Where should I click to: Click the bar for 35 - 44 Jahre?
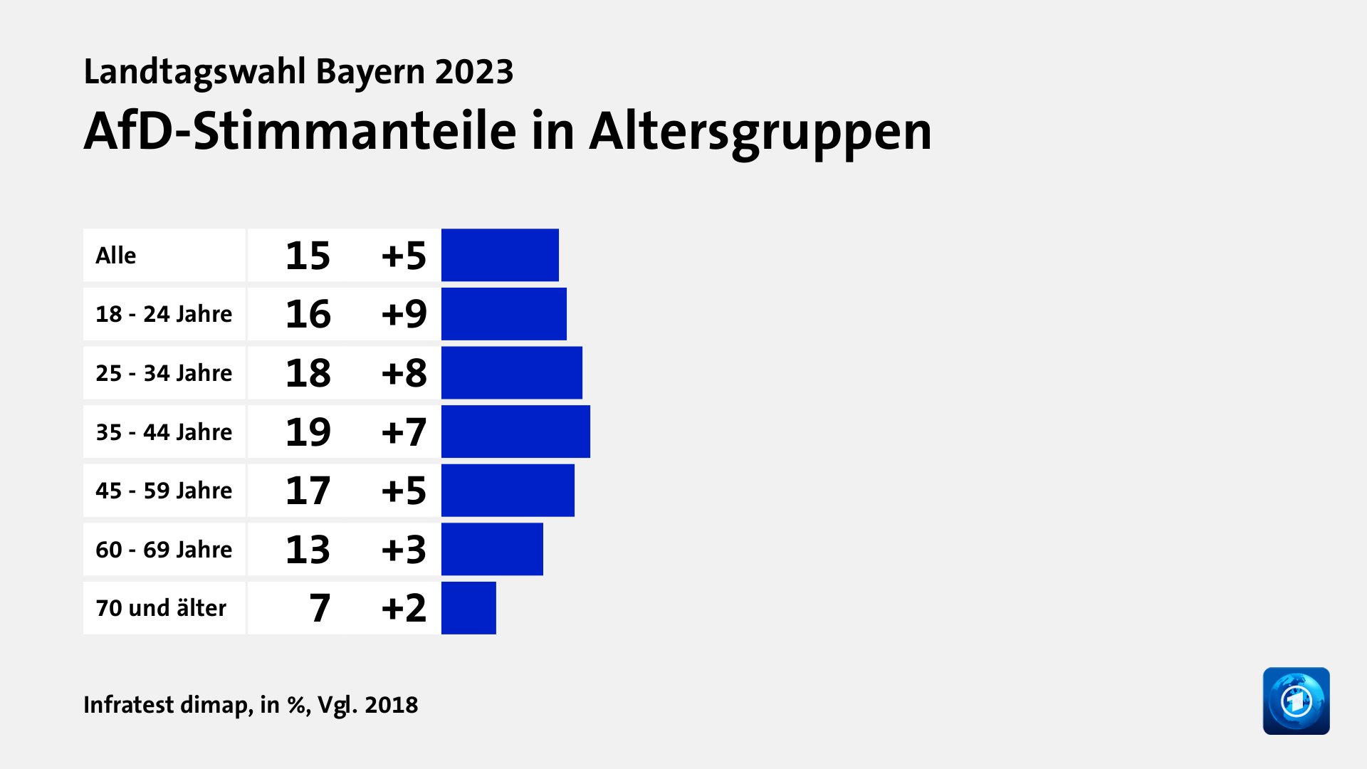(515, 431)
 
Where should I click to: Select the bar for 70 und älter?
(468, 608)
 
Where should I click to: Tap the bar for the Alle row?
(500, 255)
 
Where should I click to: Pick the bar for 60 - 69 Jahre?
(492, 549)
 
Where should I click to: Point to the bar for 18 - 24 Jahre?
(504, 314)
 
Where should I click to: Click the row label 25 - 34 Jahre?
(164, 373)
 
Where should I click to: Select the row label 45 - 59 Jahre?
(164, 491)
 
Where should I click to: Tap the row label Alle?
(116, 256)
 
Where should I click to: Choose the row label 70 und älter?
(161, 608)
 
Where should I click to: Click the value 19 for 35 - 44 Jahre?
(308, 432)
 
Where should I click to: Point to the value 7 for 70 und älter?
(320, 608)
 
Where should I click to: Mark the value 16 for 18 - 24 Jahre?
(308, 314)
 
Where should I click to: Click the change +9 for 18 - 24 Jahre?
(404, 314)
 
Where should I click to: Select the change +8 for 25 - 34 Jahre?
(404, 373)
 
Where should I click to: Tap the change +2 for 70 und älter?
(404, 608)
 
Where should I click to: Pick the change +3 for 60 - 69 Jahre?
(404, 550)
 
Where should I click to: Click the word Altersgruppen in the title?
(760, 132)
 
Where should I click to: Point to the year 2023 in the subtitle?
(474, 72)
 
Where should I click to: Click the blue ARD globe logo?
(1296, 701)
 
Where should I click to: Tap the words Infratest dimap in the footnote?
(167, 705)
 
